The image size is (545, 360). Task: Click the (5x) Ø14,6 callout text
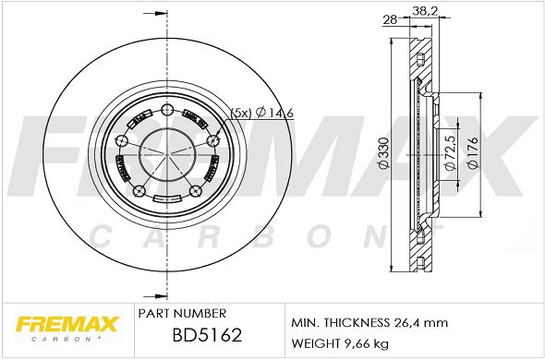click(262, 112)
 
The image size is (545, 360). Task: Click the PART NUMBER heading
click(175, 314)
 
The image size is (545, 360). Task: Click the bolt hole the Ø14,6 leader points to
click(212, 140)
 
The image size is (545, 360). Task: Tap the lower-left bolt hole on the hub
click(139, 191)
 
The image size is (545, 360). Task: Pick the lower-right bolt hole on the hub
click(195, 191)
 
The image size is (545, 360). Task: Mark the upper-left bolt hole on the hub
click(123, 140)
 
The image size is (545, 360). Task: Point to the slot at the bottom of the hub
click(167, 200)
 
